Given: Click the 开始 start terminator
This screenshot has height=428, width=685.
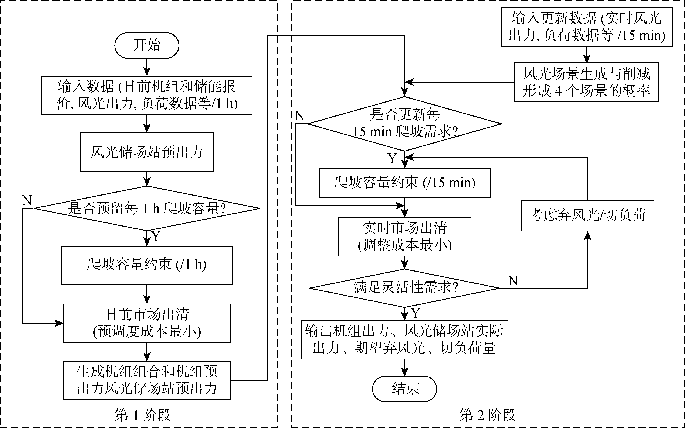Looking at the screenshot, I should pyautogui.click(x=147, y=45).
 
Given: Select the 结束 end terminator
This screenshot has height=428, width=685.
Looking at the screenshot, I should pyautogui.click(x=404, y=389).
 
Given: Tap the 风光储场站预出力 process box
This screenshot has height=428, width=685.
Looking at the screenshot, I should pyautogui.click(x=147, y=152).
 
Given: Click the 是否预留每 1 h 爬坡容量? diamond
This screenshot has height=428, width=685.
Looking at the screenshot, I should pyautogui.click(x=147, y=208).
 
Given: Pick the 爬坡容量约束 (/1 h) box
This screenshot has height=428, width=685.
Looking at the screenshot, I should pyautogui.click(x=147, y=265).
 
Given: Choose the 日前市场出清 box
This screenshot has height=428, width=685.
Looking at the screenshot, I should pyautogui.click(x=147, y=323).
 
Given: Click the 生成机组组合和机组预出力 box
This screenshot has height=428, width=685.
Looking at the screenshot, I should pyautogui.click(x=147, y=380).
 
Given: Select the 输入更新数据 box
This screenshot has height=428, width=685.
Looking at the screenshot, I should pyautogui.click(x=586, y=27).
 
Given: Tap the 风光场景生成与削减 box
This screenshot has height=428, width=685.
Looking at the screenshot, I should pyautogui.click(x=586, y=82).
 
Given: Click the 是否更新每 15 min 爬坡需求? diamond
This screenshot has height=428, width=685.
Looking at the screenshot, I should pyautogui.click(x=404, y=124).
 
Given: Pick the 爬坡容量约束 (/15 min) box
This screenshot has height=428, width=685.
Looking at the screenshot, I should pyautogui.click(x=404, y=183).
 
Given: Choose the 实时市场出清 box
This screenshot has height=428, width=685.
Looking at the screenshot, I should pyautogui.click(x=404, y=237).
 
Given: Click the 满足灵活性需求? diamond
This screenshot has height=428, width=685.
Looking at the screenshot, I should pyautogui.click(x=404, y=288).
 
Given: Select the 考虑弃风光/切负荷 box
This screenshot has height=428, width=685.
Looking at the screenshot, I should pyautogui.click(x=587, y=216).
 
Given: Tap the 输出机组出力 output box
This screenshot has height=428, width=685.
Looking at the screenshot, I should pyautogui.click(x=404, y=340).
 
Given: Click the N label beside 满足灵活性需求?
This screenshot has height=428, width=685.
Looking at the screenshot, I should pyautogui.click(x=513, y=281).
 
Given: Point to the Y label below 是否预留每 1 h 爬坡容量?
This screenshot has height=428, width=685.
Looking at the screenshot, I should pyautogui.click(x=156, y=236).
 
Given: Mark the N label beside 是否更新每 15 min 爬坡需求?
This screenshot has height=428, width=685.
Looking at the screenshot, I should pyautogui.click(x=300, y=115).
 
